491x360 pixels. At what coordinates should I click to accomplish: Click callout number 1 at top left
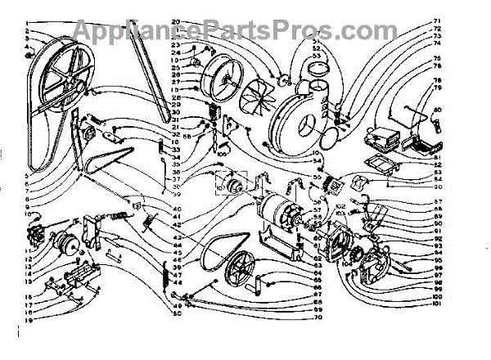click(26, 22)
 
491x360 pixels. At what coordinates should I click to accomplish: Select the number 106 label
click(222, 151)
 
